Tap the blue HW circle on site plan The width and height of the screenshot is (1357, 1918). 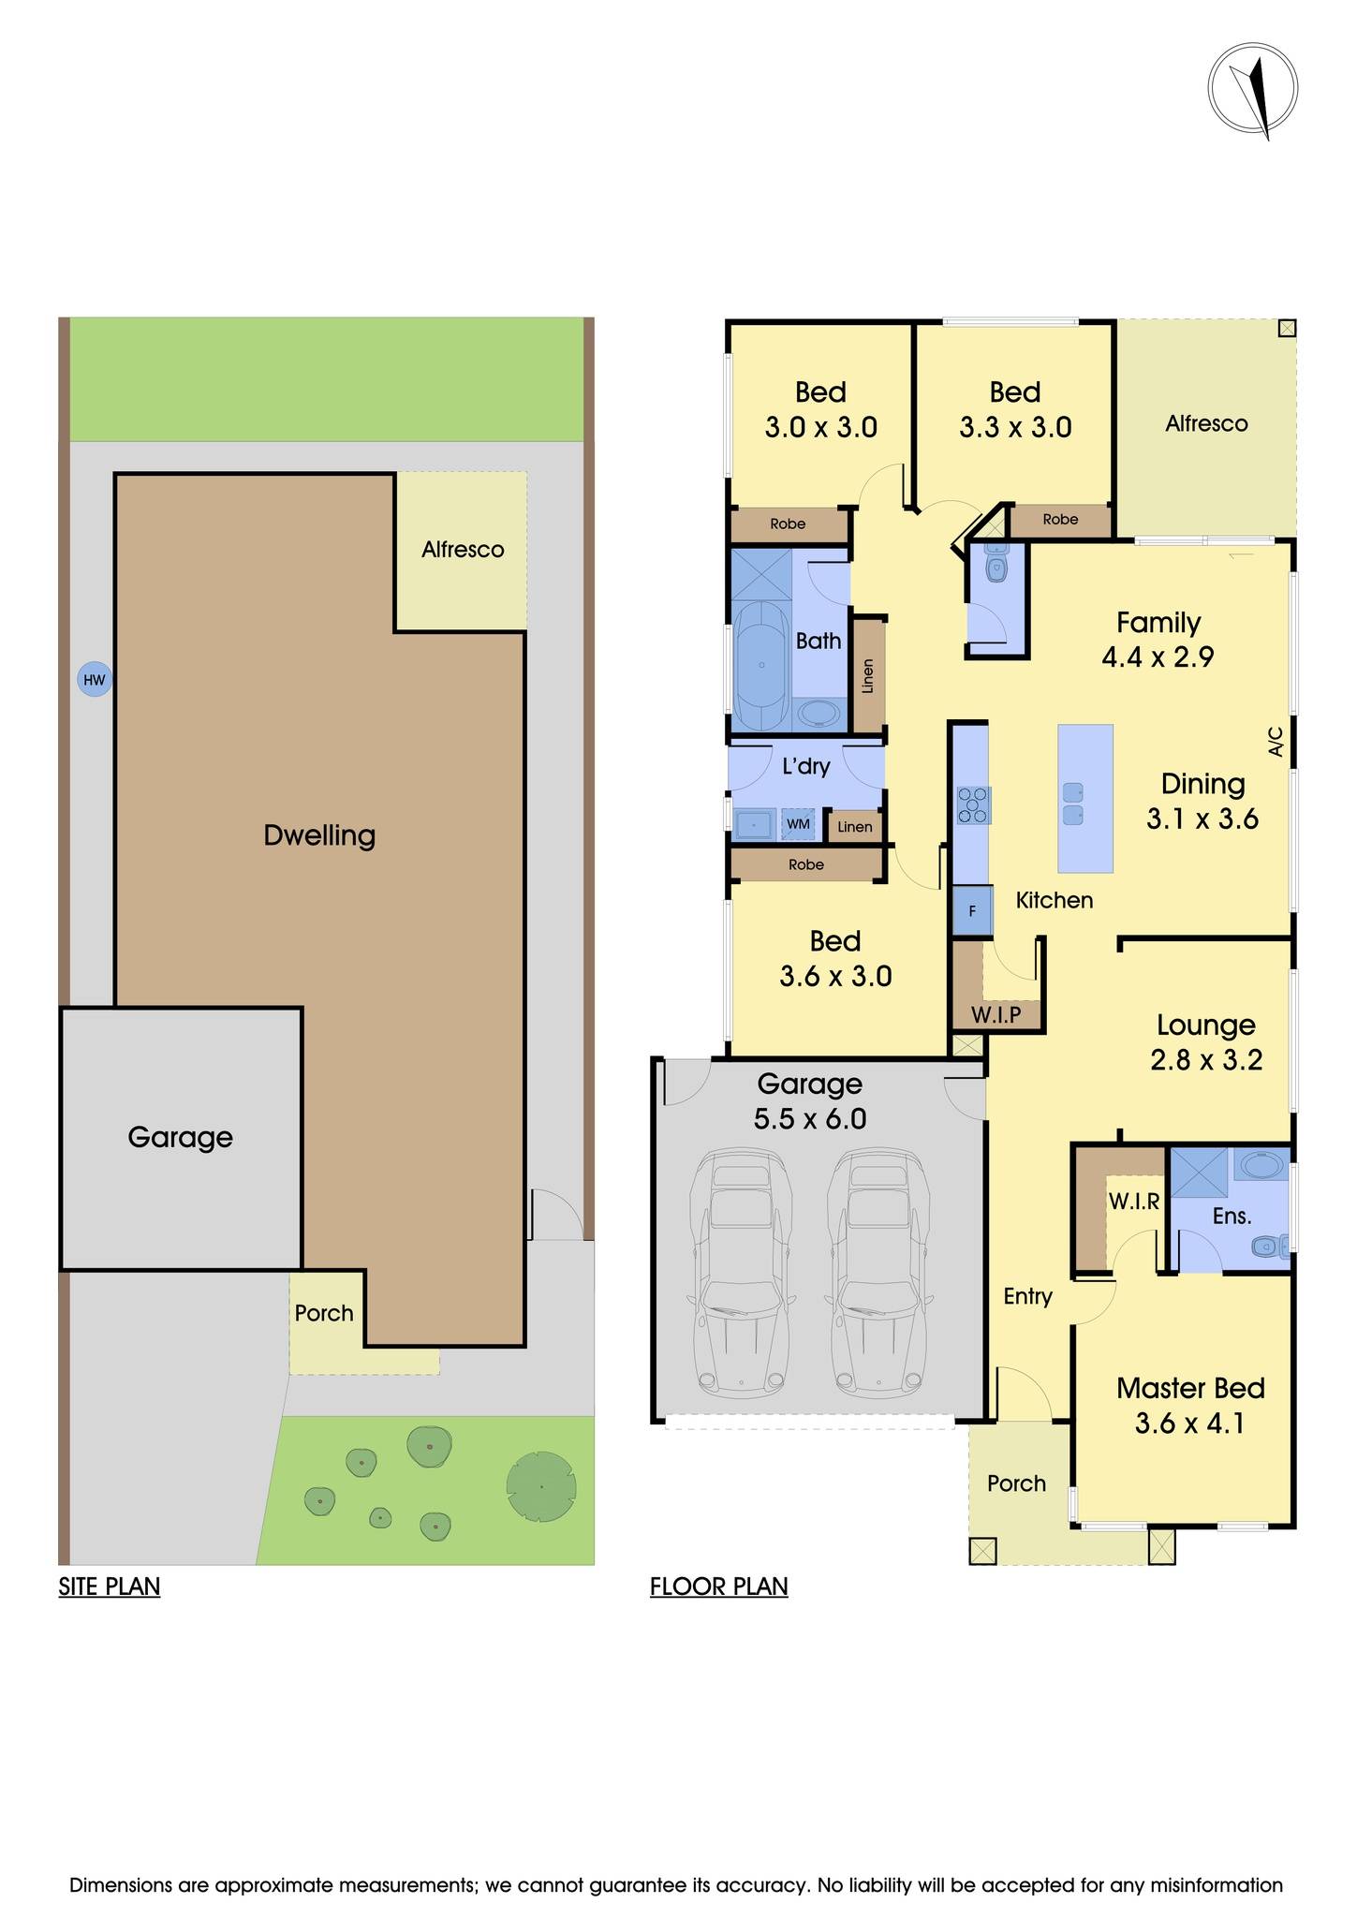tap(94, 680)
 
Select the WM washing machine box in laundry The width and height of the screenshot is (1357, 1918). tap(798, 824)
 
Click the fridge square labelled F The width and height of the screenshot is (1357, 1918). tap(972, 910)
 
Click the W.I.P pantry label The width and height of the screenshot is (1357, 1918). tap(996, 1015)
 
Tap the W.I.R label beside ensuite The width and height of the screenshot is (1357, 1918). tap(1133, 1202)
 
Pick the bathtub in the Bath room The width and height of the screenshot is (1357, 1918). tap(760, 665)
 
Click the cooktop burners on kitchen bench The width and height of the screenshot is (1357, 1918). tap(973, 805)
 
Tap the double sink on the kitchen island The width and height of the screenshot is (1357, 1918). tap(1073, 804)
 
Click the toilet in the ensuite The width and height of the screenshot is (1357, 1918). tap(1270, 1247)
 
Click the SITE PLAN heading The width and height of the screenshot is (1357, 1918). tap(110, 1586)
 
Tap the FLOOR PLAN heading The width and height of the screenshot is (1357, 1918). tap(718, 1586)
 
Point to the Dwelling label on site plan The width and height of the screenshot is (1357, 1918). tap(318, 835)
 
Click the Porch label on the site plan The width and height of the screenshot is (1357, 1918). tap(324, 1313)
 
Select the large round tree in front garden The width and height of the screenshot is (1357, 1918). tap(540, 1487)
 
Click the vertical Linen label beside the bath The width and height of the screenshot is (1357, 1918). tap(868, 675)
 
